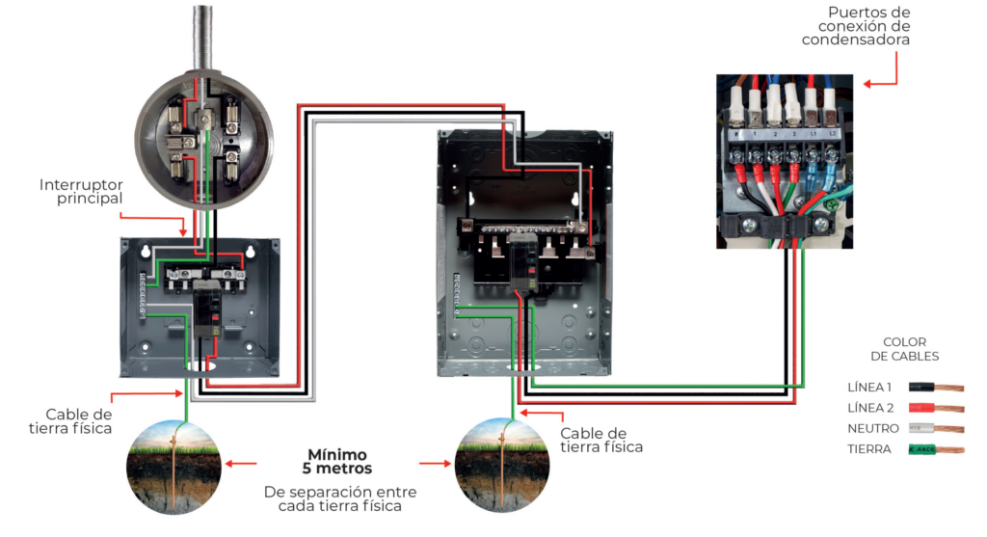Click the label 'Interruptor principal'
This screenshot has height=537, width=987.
(81, 191)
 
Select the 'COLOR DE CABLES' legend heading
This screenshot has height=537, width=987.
(904, 349)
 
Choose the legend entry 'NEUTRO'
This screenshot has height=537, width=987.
(873, 428)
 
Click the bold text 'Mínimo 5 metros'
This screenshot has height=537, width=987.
(338, 462)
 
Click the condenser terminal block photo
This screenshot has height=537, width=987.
(785, 161)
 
